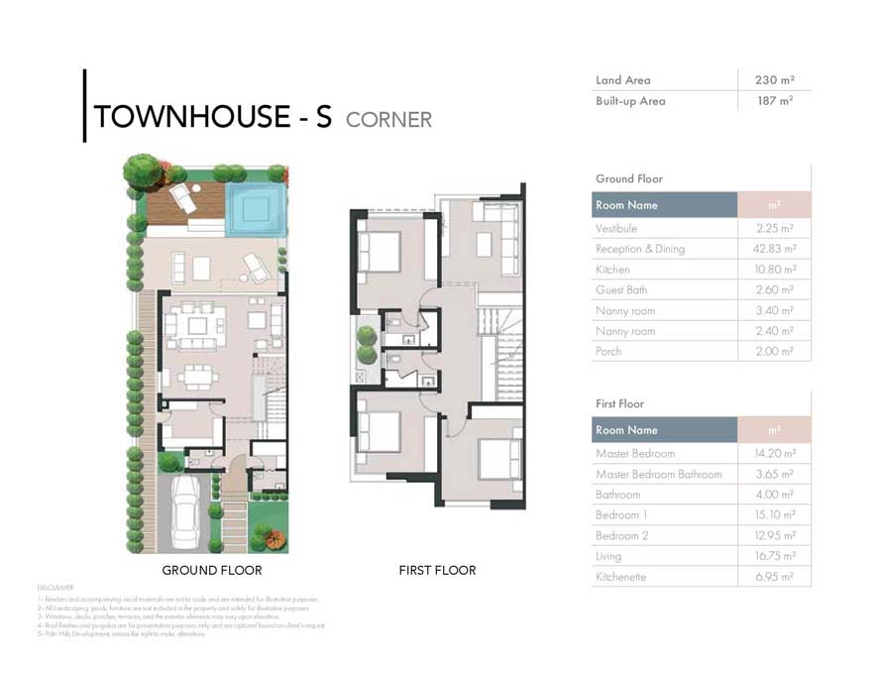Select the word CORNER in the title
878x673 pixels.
tap(388, 120)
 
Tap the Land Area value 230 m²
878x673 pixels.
tap(774, 80)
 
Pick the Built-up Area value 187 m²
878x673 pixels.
tap(774, 101)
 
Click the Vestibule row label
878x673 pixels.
tap(616, 228)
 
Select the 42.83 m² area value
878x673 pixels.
tap(774, 249)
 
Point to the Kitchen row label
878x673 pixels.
tap(612, 270)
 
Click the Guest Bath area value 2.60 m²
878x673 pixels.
tap(774, 290)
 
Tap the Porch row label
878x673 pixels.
tap(608, 352)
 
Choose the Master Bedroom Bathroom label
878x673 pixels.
tap(658, 474)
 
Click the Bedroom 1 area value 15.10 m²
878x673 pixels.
tap(774, 515)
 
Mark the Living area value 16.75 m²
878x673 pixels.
tap(774, 556)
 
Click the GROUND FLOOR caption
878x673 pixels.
tap(212, 571)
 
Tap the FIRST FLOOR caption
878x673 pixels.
tap(437, 571)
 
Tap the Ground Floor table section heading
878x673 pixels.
tap(629, 178)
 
